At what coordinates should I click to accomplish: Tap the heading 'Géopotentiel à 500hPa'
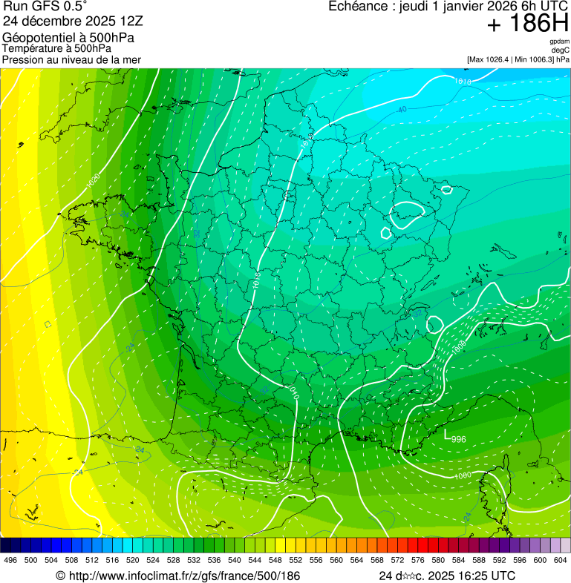pos(68,37)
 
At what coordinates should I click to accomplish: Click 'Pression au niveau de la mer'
pos(71,59)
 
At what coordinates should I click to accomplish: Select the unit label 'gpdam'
pos(559,42)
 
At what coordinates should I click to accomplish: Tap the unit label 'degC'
pos(561,50)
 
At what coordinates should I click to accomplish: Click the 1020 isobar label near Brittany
pos(94,180)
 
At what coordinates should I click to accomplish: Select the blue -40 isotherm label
pos(402,110)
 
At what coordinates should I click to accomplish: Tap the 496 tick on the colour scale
pos(10,560)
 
